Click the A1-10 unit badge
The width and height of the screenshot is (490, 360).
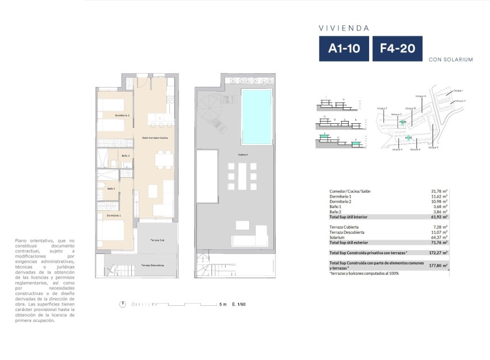click(x=344, y=49)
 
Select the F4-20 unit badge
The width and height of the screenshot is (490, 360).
click(x=397, y=49)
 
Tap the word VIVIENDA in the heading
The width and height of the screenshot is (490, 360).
click(x=344, y=27)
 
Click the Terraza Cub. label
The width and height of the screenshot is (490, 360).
click(x=158, y=240)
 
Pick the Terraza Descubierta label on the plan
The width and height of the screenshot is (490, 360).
click(x=153, y=266)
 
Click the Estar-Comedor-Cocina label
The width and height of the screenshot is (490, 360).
click(x=155, y=138)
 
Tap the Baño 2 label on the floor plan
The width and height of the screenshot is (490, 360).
click(x=126, y=156)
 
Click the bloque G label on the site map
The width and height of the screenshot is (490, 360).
click(x=420, y=96)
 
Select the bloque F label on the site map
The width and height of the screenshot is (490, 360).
click(x=382, y=108)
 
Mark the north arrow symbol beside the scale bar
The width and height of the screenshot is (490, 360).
click(x=123, y=304)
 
